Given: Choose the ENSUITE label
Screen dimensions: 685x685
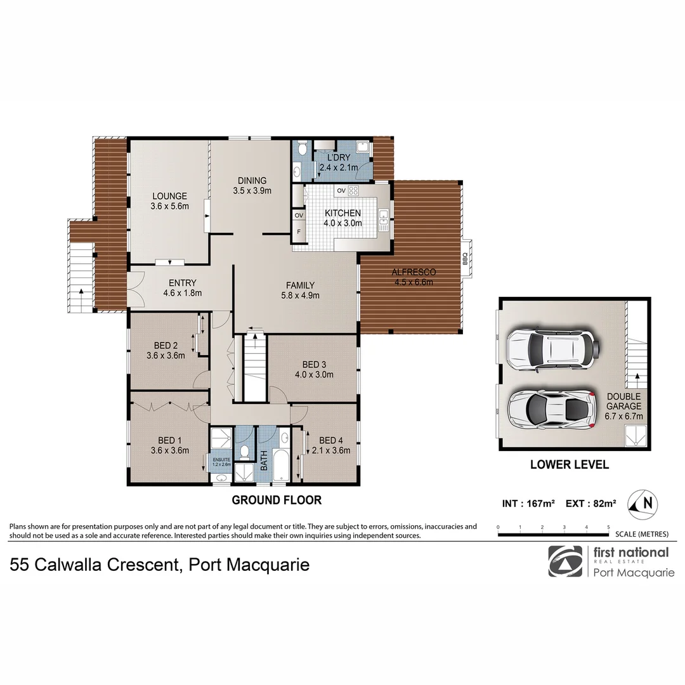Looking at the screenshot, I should click(x=221, y=460).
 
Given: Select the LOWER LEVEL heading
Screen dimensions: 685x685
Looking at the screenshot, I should click(x=569, y=465).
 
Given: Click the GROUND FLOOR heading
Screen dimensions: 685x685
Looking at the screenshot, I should click(x=277, y=500).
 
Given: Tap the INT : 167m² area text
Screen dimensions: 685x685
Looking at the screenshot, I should click(x=528, y=504).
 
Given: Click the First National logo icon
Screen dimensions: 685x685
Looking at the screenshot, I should click(x=565, y=561).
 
